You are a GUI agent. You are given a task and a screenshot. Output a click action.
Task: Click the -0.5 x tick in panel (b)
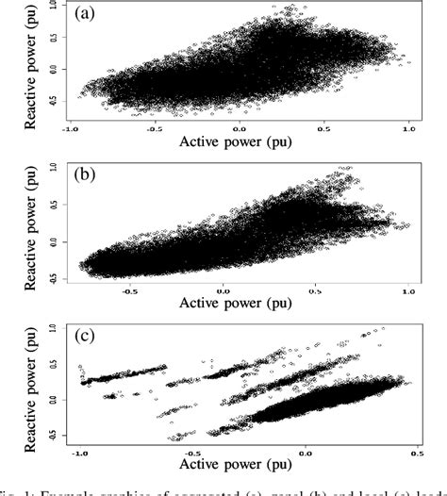pos(128,289)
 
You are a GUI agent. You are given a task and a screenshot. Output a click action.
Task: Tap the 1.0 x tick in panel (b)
pos(408,289)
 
